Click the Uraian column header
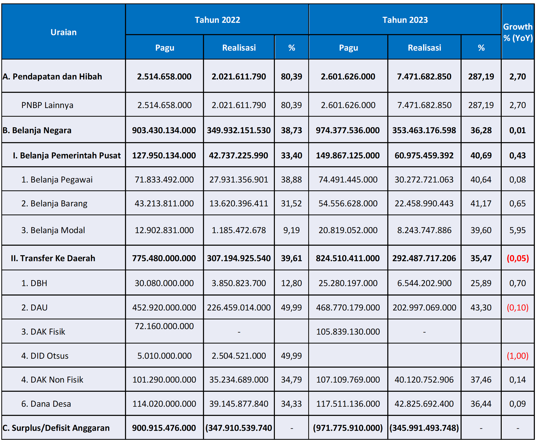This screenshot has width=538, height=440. (64, 32)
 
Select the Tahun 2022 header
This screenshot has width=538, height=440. (217, 20)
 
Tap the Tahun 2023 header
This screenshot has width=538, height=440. (405, 20)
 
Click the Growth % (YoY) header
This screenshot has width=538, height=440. (518, 32)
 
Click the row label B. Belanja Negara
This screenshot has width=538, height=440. (37, 130)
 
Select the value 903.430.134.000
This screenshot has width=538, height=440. (164, 130)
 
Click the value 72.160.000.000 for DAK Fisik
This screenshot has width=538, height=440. (164, 326)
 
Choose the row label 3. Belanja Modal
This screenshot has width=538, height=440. (53, 230)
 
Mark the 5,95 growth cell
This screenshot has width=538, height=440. (517, 230)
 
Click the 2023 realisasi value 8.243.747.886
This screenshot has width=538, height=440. (424, 230)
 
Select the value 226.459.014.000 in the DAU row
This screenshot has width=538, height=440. (239, 308)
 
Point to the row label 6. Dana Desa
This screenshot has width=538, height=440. (46, 404)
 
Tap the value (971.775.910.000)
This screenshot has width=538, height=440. (348, 428)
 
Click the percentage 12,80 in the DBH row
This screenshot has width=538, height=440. (291, 283)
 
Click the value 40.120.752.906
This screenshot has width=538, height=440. (424, 379)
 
